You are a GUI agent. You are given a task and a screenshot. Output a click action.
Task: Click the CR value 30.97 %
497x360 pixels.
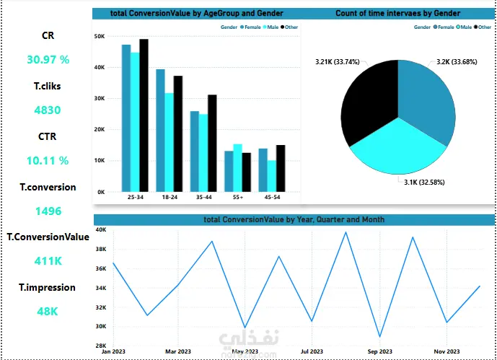click(48, 60)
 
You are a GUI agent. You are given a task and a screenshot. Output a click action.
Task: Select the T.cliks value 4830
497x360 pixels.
click(47, 110)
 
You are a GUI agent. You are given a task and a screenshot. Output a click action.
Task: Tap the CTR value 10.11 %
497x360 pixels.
click(48, 161)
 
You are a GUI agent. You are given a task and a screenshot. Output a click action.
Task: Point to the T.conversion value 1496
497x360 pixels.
click(48, 211)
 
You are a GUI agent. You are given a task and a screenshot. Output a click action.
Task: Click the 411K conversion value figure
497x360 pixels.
click(48, 261)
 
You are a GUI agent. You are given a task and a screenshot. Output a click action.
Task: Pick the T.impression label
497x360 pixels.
click(47, 287)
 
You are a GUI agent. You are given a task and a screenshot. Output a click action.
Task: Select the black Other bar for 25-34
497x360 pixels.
click(144, 115)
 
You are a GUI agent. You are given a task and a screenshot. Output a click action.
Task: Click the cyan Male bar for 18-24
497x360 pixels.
click(170, 142)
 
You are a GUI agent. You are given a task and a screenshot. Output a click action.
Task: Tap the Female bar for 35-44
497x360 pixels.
click(195, 152)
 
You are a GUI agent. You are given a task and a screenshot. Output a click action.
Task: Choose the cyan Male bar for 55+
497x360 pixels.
click(238, 168)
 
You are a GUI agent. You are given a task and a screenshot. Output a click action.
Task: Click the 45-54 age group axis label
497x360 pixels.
click(272, 197)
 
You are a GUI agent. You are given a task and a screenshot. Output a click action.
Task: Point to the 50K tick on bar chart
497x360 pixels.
click(100, 37)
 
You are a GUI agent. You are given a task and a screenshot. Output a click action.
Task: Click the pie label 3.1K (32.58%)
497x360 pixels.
click(424, 183)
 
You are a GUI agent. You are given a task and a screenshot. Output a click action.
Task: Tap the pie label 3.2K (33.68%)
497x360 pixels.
click(457, 62)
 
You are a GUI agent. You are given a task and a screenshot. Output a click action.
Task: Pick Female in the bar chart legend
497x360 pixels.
click(250, 27)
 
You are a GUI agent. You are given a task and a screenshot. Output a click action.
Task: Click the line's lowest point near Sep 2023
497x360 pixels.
click(379, 337)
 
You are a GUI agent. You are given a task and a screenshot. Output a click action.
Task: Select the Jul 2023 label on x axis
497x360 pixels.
click(312, 351)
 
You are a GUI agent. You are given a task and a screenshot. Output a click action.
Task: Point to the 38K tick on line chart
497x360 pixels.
click(101, 249)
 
